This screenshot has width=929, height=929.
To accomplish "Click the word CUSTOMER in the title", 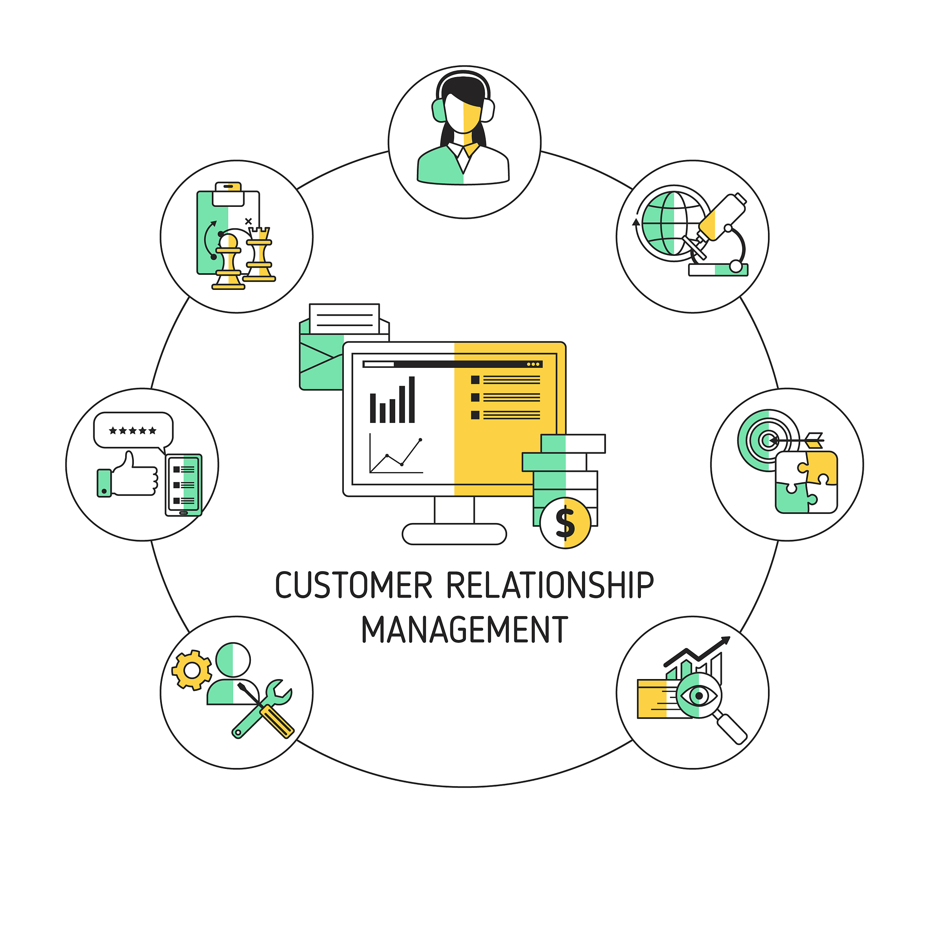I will (x=353, y=585).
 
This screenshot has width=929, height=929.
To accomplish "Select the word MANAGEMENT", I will (x=464, y=630).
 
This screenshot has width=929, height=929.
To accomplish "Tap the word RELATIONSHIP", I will (x=550, y=585).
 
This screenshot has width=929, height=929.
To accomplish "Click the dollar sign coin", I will (x=565, y=523).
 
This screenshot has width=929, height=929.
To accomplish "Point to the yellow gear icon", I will (x=192, y=670).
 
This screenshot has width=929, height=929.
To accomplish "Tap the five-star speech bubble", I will (x=133, y=430).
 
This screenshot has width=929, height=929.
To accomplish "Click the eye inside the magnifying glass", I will (x=698, y=695).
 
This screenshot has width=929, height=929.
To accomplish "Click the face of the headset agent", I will (x=463, y=114).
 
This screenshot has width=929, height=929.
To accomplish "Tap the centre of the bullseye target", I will (x=768, y=440).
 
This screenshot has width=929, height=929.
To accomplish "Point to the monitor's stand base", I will (x=454, y=534).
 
